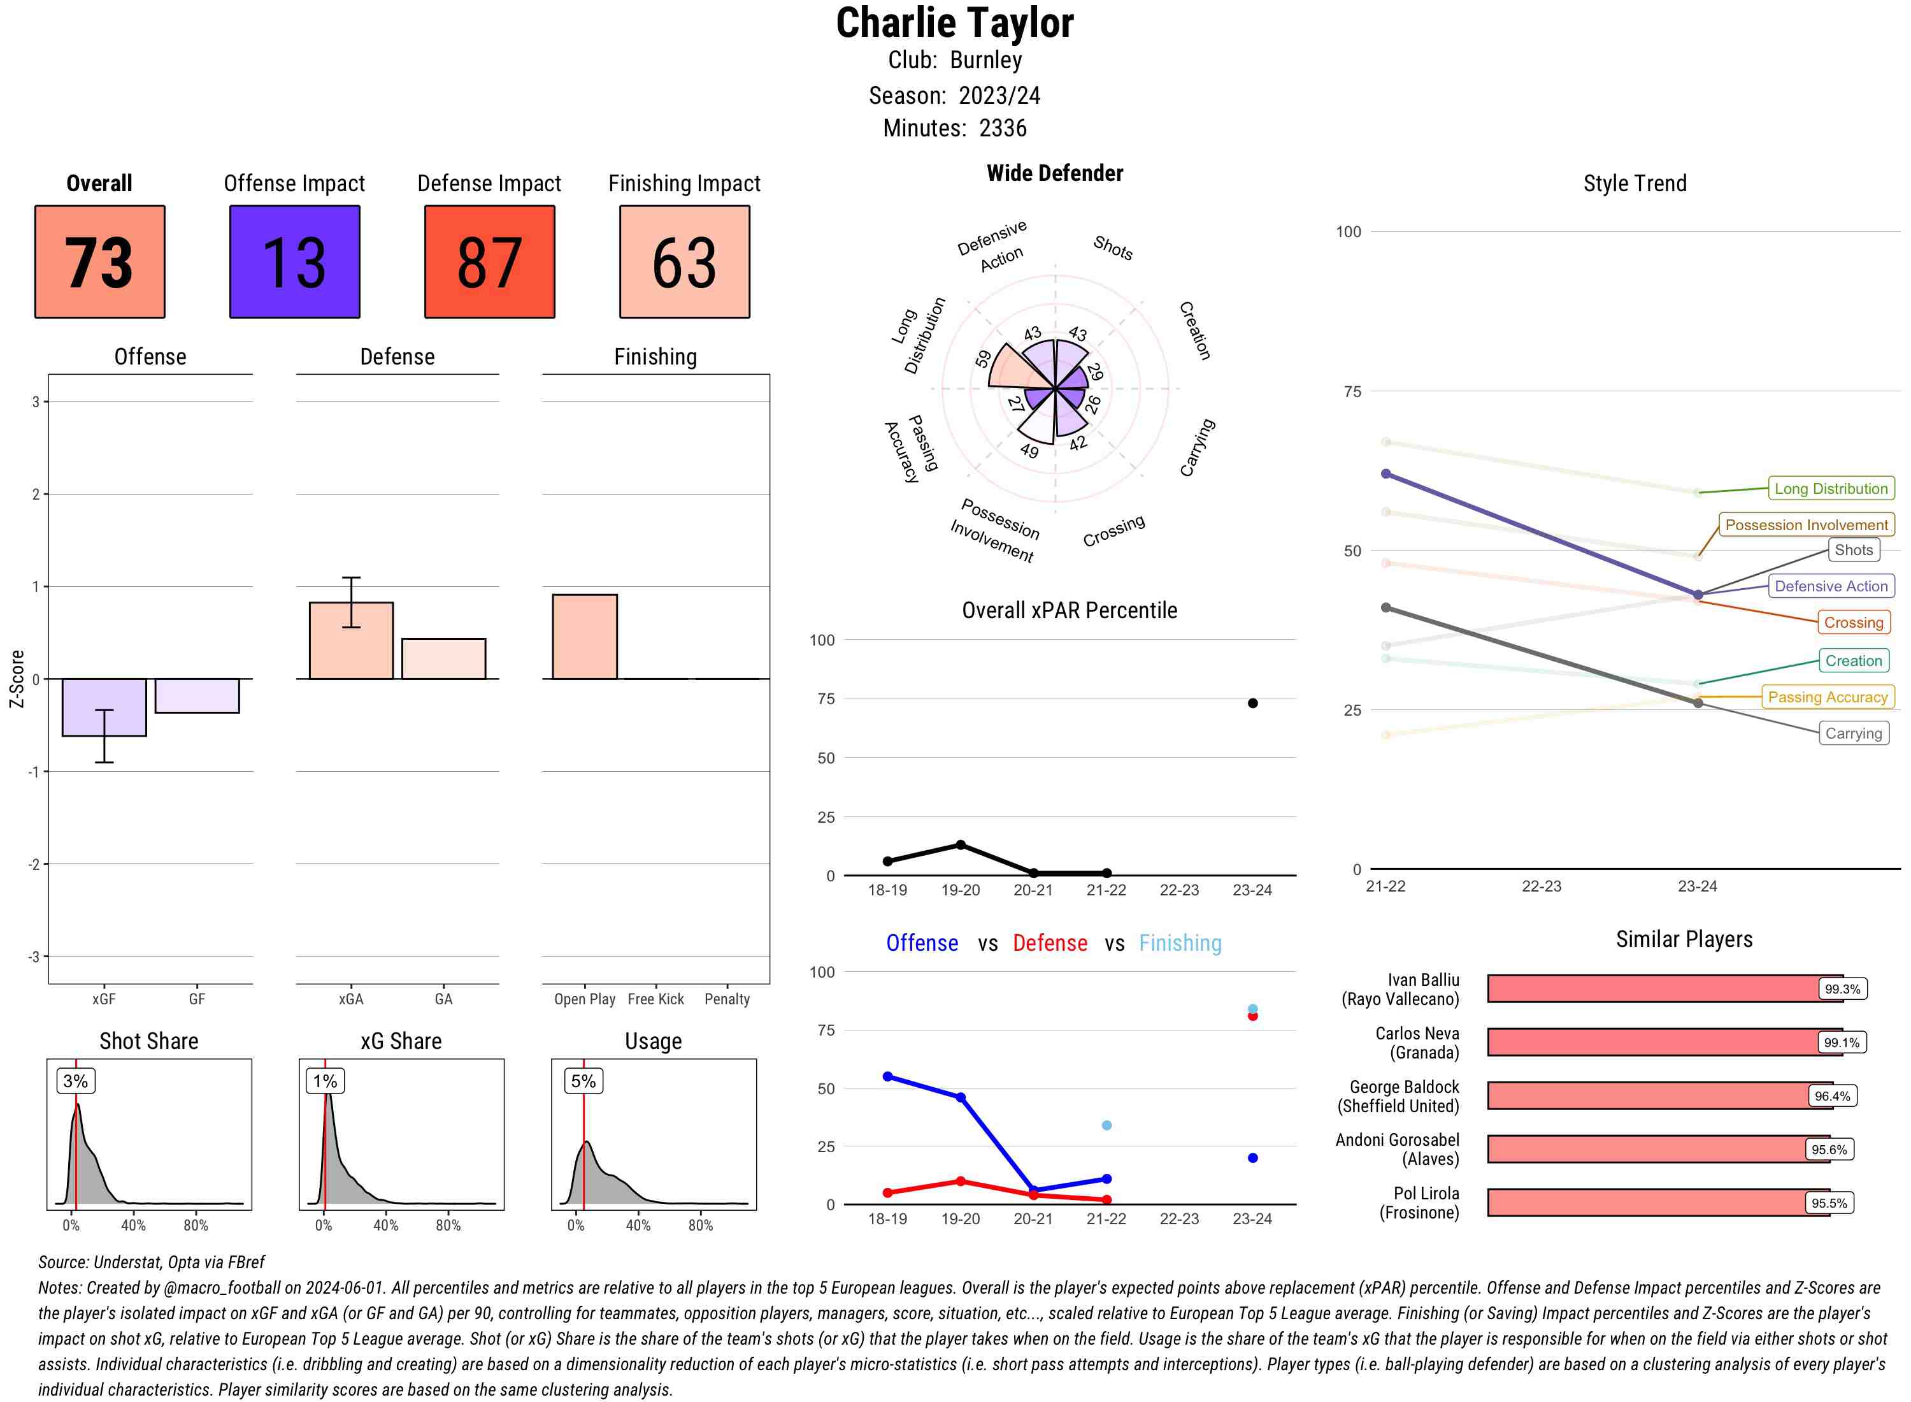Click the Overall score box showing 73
[x=99, y=261]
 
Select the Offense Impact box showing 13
[x=294, y=261]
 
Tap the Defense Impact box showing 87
[x=489, y=261]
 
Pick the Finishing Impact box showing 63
[x=685, y=261]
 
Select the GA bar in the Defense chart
[x=443, y=658]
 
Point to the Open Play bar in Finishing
[x=584, y=637]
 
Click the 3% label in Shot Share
[x=76, y=1080]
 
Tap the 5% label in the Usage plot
[x=583, y=1080]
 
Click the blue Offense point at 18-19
[x=887, y=1076]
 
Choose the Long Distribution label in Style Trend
[x=1831, y=488]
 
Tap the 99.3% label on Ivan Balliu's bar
[x=1842, y=988]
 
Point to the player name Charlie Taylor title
[x=954, y=23]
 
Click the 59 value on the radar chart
[x=983, y=359]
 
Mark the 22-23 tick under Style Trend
[x=1541, y=886]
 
